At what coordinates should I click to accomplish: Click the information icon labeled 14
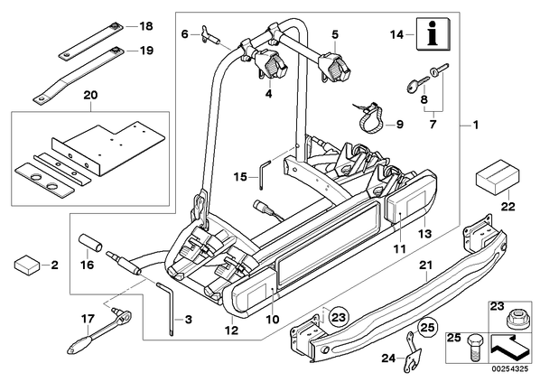(x=433, y=33)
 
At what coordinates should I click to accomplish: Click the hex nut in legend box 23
(x=515, y=320)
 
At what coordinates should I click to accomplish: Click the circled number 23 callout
(x=339, y=317)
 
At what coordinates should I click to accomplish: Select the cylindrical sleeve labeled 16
(x=91, y=243)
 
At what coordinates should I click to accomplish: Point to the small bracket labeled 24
(x=413, y=352)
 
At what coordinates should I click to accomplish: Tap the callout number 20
(x=91, y=95)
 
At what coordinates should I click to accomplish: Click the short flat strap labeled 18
(x=91, y=41)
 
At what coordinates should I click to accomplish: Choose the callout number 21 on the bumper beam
(x=425, y=266)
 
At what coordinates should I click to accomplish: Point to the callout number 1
(x=476, y=125)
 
